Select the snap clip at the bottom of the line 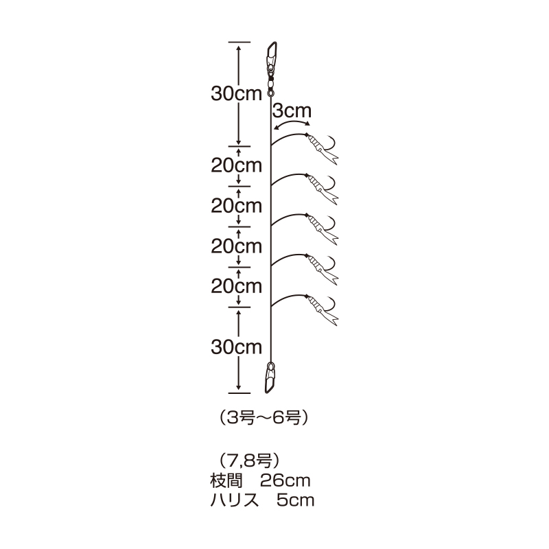click(x=270, y=378)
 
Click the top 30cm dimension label click(x=236, y=94)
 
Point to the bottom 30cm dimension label click(x=236, y=347)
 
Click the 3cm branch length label click(x=292, y=111)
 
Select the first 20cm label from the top click(x=236, y=165)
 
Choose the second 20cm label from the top click(x=236, y=206)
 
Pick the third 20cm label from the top click(x=236, y=246)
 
